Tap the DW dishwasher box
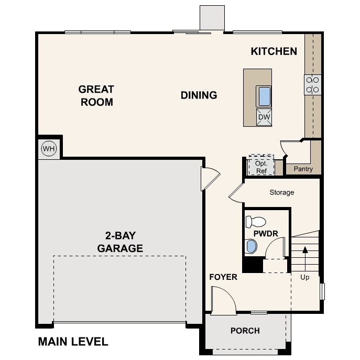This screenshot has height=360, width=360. (264, 116)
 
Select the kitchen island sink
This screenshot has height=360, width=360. (264, 96)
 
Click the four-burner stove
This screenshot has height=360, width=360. (313, 85)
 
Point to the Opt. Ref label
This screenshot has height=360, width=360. (261, 166)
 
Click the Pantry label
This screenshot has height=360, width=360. (303, 169)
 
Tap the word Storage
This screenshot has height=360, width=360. (282, 192)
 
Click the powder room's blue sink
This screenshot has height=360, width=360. (252, 246)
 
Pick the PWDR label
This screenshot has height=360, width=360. (265, 233)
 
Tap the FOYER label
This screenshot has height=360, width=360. (223, 277)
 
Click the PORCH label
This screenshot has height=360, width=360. (245, 331)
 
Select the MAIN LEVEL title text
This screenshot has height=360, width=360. (73, 342)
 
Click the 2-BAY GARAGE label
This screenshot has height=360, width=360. (120, 242)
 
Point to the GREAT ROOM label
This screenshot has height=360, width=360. (96, 95)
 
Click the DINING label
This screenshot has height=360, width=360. (199, 95)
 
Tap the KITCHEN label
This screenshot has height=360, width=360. (274, 51)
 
